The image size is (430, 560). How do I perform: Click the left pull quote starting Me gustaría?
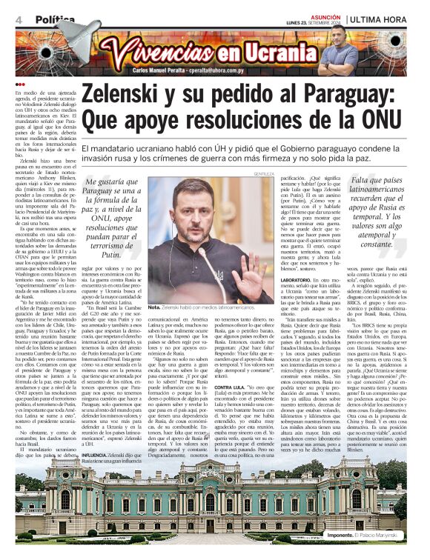(112, 222)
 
